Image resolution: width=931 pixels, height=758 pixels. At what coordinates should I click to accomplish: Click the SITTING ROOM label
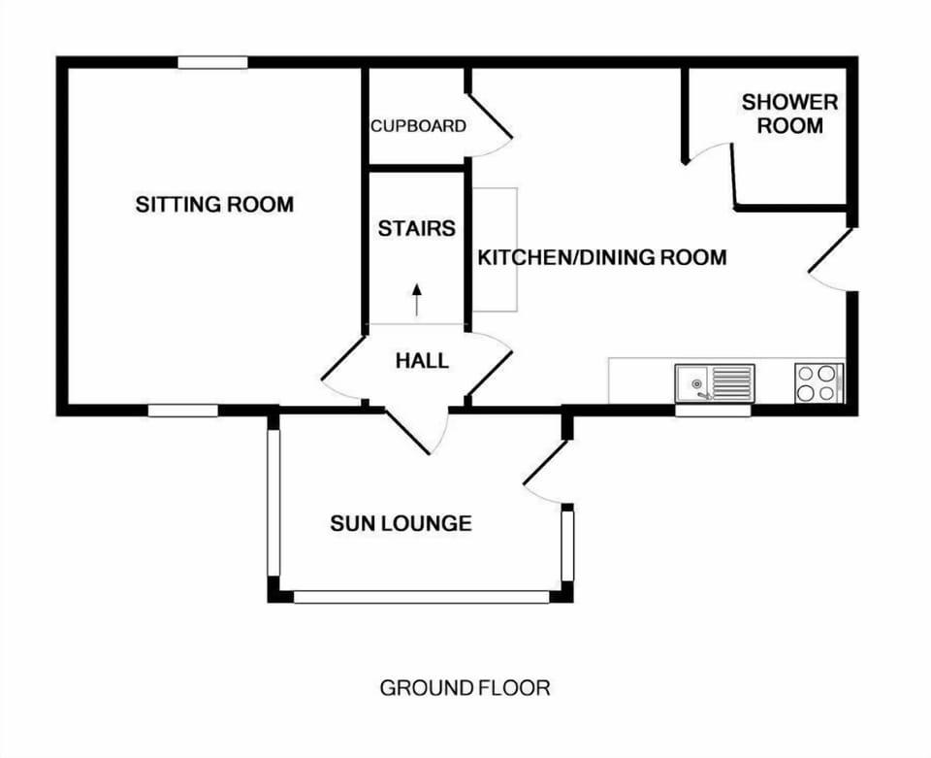click(214, 205)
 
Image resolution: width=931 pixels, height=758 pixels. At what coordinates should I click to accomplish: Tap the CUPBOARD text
click(418, 126)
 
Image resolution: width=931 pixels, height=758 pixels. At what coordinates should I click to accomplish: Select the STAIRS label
click(416, 229)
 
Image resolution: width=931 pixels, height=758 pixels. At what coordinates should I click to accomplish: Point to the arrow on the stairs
click(417, 300)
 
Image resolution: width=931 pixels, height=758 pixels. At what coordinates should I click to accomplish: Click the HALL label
click(423, 361)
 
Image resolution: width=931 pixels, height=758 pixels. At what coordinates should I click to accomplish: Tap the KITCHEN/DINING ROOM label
click(602, 258)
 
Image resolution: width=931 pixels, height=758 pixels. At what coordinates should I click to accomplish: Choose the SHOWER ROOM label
click(789, 114)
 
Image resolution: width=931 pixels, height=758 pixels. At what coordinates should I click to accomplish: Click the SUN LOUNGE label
click(401, 524)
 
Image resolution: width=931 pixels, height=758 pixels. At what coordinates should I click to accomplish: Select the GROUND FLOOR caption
click(465, 688)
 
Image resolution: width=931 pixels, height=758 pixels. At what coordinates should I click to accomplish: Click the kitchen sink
click(715, 382)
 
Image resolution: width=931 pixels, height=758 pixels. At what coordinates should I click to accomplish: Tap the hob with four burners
click(819, 382)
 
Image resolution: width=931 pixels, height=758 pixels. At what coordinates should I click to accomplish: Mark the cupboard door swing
click(491, 122)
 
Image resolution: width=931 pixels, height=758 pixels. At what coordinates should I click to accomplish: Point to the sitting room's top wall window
click(212, 63)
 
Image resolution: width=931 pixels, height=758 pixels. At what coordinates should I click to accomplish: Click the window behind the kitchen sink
click(713, 411)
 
